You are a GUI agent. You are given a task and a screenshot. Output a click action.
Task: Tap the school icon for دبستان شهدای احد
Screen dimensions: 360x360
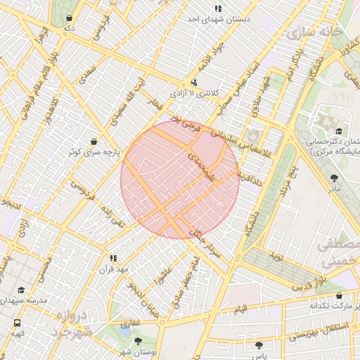click(x=219, y=8)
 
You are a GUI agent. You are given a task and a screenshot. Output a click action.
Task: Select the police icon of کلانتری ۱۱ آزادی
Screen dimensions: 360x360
click(x=195, y=82)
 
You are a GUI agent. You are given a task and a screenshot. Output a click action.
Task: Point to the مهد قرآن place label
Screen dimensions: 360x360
click(x=115, y=269)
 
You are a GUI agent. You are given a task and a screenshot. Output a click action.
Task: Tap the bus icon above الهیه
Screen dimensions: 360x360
click(x=16, y=323)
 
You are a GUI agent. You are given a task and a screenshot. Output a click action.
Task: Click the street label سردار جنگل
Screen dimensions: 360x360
click(x=205, y=247)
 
